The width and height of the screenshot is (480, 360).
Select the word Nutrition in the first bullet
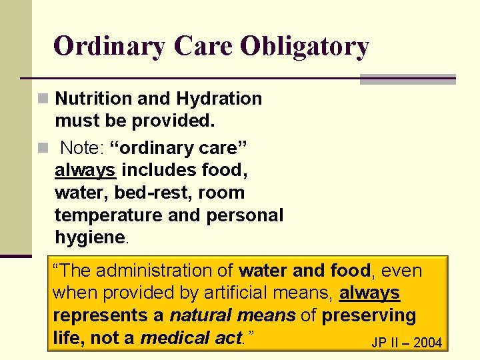coord(93,99)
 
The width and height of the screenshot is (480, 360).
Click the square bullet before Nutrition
coord(43,99)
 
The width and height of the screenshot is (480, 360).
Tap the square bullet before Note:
coord(43,147)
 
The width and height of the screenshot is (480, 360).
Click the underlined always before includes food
coord(85,171)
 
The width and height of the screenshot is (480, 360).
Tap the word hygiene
coord(89,238)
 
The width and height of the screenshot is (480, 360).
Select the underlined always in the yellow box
coord(369,293)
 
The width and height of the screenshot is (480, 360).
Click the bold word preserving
coord(369,315)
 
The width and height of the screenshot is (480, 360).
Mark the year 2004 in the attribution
coord(427,343)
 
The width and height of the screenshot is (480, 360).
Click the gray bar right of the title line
coord(407,79)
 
